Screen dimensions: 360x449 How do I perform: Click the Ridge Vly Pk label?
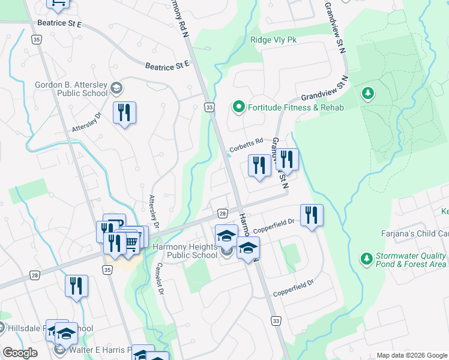pos(274,40)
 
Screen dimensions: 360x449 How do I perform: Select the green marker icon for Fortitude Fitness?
pos(238,107)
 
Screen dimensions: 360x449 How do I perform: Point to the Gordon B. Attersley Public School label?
pos(71,89)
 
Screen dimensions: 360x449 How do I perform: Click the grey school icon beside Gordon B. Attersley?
pos(116,89)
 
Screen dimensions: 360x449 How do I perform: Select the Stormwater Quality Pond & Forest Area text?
pos(411,259)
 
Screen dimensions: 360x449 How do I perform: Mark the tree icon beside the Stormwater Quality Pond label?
pos(366,259)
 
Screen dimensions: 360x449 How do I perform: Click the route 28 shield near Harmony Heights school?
pos(222,214)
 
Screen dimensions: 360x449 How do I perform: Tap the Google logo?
pos(20,353)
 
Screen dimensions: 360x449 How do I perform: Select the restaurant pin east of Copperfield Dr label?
pos(311,215)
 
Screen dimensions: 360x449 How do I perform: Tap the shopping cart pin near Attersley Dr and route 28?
pos(132,240)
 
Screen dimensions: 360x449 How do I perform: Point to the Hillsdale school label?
pos(47,328)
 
